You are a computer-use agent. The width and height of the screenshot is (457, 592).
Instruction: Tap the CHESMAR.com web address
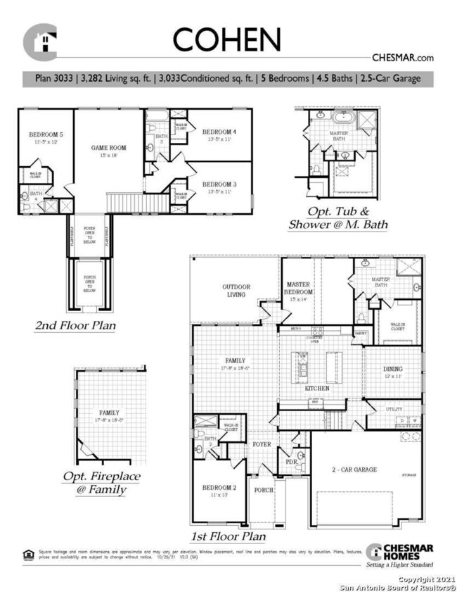(x=401, y=58)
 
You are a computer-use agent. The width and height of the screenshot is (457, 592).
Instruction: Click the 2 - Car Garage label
(x=355, y=469)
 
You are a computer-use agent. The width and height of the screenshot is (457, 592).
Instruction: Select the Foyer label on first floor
(x=262, y=444)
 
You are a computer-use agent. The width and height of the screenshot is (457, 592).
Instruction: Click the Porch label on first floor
(x=264, y=490)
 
